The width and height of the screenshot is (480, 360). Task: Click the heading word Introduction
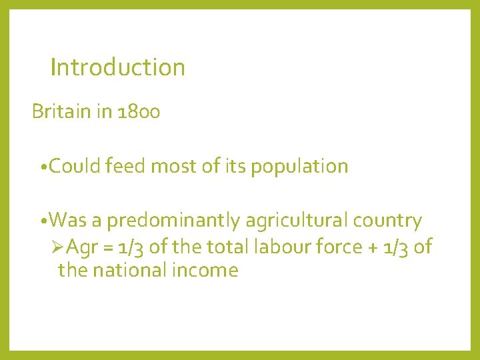tap(117, 67)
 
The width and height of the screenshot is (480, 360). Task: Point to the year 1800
tap(138, 112)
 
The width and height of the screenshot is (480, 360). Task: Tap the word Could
tap(75, 166)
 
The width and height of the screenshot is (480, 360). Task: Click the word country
tap(388, 221)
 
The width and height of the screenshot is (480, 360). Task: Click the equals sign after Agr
tap(107, 248)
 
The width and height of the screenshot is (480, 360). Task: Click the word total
tap(225, 247)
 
